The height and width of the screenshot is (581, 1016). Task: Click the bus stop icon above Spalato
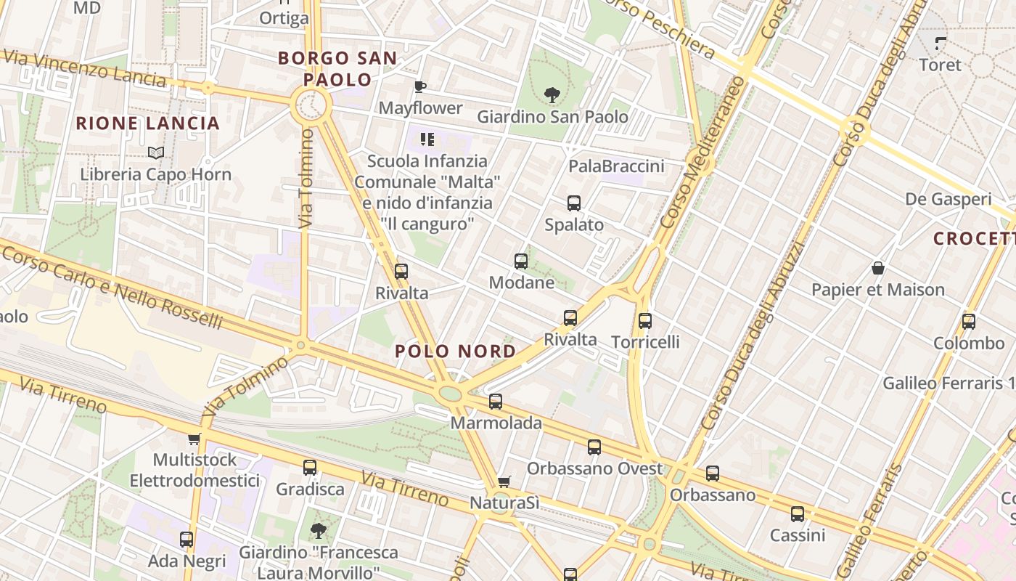(x=574, y=203)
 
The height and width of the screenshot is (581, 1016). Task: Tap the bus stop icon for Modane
(x=521, y=261)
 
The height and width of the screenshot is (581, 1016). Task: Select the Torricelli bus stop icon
(x=645, y=320)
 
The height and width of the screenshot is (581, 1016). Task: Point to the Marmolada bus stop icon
(x=496, y=401)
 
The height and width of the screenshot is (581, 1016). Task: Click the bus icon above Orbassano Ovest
(x=594, y=447)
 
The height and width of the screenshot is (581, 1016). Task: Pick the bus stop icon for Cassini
(x=798, y=514)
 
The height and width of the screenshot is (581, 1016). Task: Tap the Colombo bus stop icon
(x=968, y=321)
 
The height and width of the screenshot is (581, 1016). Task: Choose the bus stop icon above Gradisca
(x=310, y=468)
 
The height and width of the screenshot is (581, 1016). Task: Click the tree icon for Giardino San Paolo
(x=552, y=94)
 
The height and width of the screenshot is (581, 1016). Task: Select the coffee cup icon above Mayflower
(x=419, y=87)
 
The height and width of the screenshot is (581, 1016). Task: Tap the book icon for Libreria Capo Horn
(x=155, y=153)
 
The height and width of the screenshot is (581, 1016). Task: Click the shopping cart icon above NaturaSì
(x=504, y=482)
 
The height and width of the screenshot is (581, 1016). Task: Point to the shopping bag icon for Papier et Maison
(x=878, y=268)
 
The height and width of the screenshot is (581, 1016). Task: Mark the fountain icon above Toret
(x=941, y=43)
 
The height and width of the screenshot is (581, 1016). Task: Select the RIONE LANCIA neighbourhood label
(x=148, y=123)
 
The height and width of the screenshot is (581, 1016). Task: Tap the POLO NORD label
(x=456, y=352)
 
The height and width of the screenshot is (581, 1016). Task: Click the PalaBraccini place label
(x=616, y=166)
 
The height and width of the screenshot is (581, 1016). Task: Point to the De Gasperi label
(x=948, y=199)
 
